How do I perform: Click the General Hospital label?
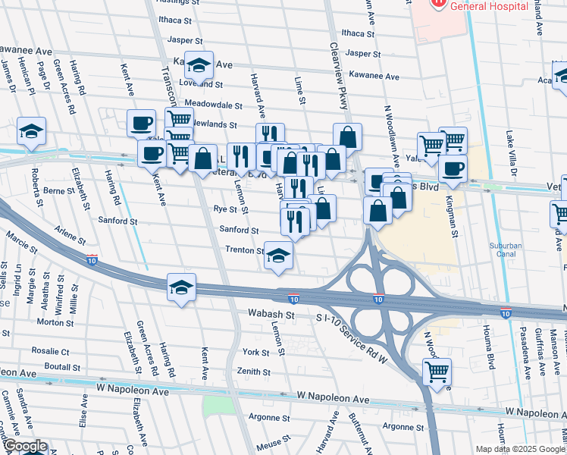pyautogui.click(x=488, y=6)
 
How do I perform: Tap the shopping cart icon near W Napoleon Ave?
pyautogui.click(x=437, y=372)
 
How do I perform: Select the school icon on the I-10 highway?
pyautogui.click(x=182, y=287)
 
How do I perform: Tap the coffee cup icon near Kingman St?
pyautogui.click(x=453, y=168)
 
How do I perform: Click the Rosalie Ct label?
pyautogui.click(x=50, y=352)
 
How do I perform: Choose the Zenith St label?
pyautogui.click(x=254, y=372)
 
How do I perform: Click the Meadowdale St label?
pyautogui.click(x=213, y=105)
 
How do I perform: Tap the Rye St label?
pyautogui.click(x=226, y=209)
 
